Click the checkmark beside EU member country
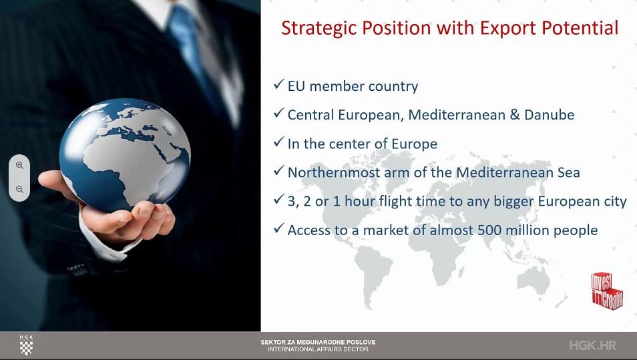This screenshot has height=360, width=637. [x=278, y=84]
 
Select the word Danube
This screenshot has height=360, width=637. [x=550, y=115]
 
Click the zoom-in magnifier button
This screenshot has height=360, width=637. [x=19, y=166]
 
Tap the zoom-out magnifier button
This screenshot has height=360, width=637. [x=19, y=189]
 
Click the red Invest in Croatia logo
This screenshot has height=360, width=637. [x=607, y=291]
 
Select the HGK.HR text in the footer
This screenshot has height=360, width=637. [x=593, y=345]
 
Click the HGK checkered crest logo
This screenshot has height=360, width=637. [x=27, y=345]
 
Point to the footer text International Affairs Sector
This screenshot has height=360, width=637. [x=318, y=349]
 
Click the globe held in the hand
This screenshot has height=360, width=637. [x=125, y=154]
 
